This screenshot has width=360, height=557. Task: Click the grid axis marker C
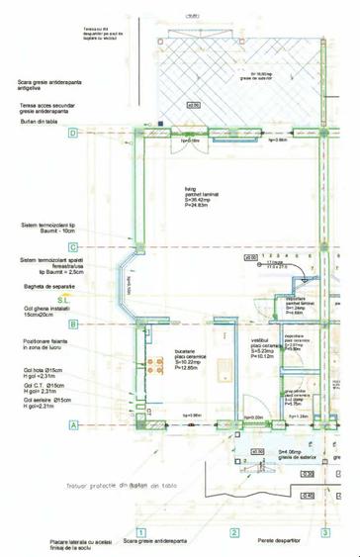73,247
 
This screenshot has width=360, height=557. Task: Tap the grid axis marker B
73,324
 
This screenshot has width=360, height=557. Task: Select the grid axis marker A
73,424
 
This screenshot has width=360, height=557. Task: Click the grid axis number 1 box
141,532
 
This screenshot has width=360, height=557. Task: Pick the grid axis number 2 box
234,532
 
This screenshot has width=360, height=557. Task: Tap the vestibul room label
262,346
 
